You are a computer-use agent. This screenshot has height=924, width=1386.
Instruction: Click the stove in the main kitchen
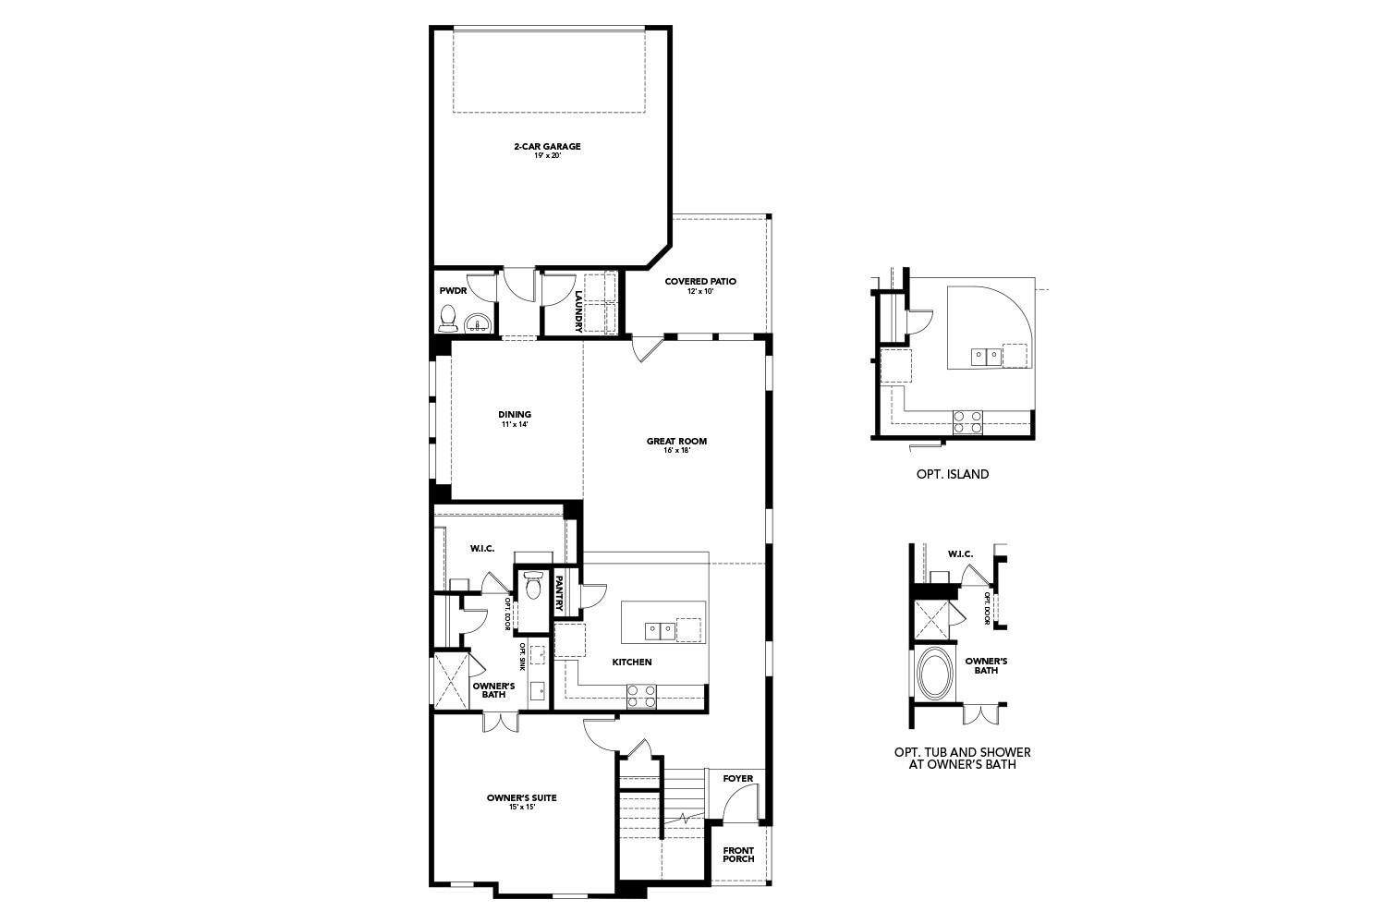click(641, 696)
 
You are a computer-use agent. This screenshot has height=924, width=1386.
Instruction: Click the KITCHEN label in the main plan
click(632, 662)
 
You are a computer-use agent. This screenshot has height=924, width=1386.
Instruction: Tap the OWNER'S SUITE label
click(522, 801)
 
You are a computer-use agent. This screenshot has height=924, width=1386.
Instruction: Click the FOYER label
click(737, 778)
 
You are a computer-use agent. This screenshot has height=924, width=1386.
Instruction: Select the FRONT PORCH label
click(738, 855)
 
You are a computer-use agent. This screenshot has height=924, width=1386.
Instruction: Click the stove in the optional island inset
click(968, 421)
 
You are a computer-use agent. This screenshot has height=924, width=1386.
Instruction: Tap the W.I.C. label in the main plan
click(481, 548)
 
